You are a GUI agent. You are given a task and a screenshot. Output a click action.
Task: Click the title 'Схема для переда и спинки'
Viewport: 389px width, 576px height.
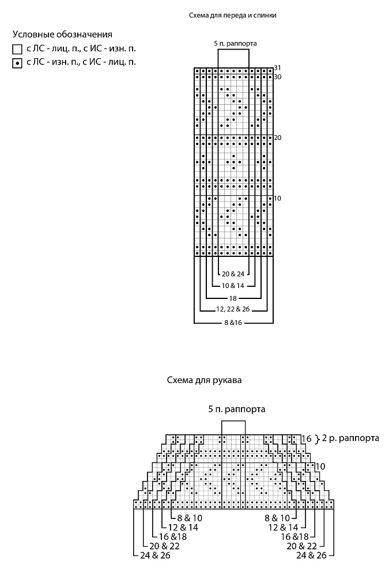[233, 16]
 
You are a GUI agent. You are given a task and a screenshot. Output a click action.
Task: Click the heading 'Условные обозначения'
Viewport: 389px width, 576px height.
[62, 35]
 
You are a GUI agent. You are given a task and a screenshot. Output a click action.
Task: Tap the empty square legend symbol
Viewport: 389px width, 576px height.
[17, 49]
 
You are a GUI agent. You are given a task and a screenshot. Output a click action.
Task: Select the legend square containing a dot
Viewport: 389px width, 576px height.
[17, 63]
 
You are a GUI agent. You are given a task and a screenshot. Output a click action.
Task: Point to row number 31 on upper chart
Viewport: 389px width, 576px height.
[278, 67]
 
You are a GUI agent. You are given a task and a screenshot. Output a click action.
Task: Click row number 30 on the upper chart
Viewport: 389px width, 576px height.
[278, 77]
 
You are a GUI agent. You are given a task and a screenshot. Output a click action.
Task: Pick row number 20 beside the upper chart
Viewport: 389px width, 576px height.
[278, 138]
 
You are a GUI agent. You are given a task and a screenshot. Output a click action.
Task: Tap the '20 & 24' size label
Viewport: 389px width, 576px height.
[233, 274]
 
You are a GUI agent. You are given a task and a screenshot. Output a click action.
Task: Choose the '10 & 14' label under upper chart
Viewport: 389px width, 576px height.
[233, 286]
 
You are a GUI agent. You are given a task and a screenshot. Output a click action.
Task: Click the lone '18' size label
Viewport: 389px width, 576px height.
[233, 298]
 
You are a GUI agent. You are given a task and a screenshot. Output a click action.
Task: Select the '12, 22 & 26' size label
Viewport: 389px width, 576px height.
[233, 309]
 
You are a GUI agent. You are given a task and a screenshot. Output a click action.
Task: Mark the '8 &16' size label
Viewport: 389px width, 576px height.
[233, 323]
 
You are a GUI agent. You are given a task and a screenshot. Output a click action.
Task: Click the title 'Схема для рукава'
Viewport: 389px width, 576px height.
[205, 380]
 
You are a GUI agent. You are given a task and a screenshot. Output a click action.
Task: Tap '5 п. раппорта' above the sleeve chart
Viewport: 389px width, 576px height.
[237, 409]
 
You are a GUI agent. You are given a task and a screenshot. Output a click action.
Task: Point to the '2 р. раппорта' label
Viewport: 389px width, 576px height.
[350, 438]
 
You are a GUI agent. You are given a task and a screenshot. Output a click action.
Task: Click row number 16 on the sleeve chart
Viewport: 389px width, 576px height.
[307, 438]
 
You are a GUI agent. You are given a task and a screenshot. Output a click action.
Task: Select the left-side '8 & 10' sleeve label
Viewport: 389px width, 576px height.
[190, 518]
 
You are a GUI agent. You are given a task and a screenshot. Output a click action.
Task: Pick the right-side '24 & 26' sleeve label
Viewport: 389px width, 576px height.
[311, 555]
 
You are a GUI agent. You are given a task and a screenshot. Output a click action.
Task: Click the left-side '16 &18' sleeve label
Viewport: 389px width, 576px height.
[173, 537]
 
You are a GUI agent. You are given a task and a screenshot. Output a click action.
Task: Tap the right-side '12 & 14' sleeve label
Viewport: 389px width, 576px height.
[283, 528]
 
